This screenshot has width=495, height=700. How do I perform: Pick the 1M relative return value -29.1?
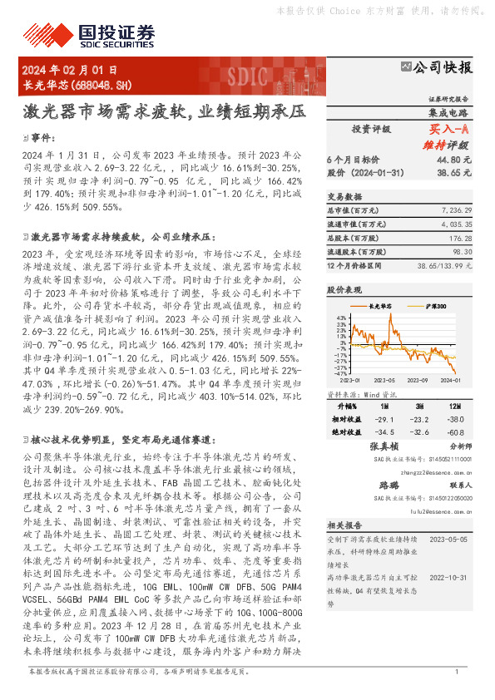tap(384, 421)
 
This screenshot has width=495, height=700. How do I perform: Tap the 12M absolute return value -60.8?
tap(455, 433)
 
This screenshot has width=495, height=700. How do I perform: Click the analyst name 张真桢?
tap(384, 447)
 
